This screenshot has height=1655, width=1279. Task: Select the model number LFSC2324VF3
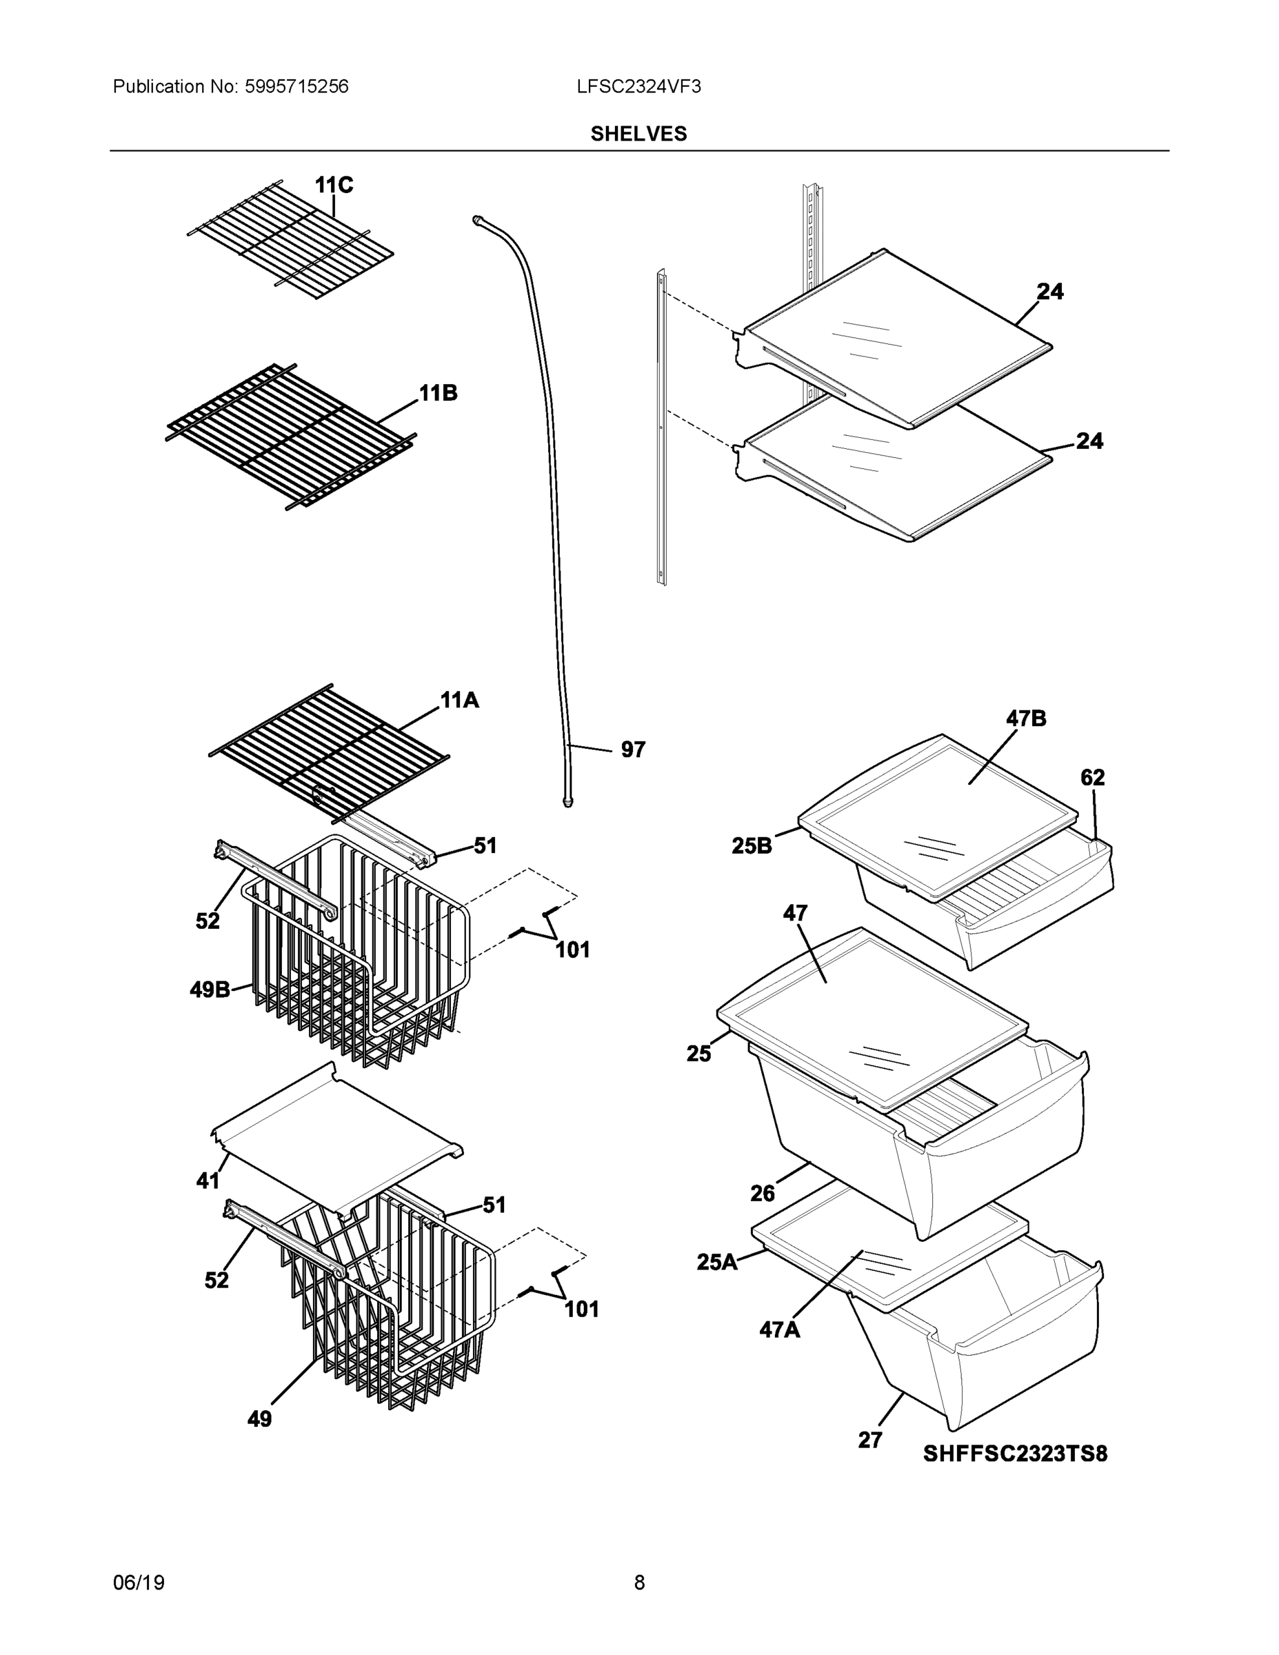coord(638,86)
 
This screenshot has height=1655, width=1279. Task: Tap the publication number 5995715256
coord(296,86)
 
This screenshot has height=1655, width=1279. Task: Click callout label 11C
coord(334,185)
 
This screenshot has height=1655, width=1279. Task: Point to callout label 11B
coord(438,393)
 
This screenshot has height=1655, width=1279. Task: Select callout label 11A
coord(459,700)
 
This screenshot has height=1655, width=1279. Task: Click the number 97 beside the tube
coord(633,750)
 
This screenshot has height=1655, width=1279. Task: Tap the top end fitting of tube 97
coord(478,219)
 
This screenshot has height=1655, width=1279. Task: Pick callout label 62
coord(1092,776)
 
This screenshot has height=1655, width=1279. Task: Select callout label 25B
coord(751,845)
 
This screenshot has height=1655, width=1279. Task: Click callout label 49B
coord(210,989)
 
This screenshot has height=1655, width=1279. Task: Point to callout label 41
coord(208,1180)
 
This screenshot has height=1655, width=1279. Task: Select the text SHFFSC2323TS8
coord(1014,1454)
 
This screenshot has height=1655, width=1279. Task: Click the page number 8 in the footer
coord(638,1583)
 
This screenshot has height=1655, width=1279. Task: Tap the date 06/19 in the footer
coord(139,1583)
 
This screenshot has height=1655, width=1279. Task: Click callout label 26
coord(763,1194)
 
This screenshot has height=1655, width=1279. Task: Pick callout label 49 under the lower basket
coord(259,1418)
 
